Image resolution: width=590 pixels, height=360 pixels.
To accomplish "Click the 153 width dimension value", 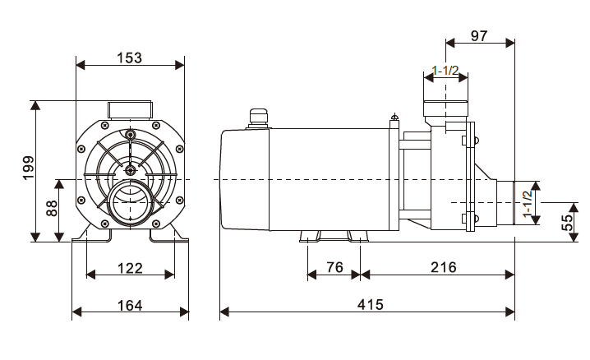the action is click(130, 58).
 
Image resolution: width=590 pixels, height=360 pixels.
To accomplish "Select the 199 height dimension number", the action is click(28, 168).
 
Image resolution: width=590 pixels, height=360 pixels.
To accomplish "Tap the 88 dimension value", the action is click(52, 209).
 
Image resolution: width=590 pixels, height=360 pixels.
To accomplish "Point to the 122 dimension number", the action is click(130, 268).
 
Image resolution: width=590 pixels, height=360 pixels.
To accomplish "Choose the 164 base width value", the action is click(130, 305).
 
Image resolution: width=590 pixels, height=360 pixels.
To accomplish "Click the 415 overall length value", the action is click(371, 304).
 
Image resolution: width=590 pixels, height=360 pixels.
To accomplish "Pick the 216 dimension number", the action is click(444, 267).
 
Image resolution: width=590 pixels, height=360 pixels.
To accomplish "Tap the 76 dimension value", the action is click(335, 267).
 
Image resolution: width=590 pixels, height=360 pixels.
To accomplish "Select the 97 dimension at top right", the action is click(479, 35).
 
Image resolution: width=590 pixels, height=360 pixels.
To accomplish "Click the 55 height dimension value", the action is click(567, 222).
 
